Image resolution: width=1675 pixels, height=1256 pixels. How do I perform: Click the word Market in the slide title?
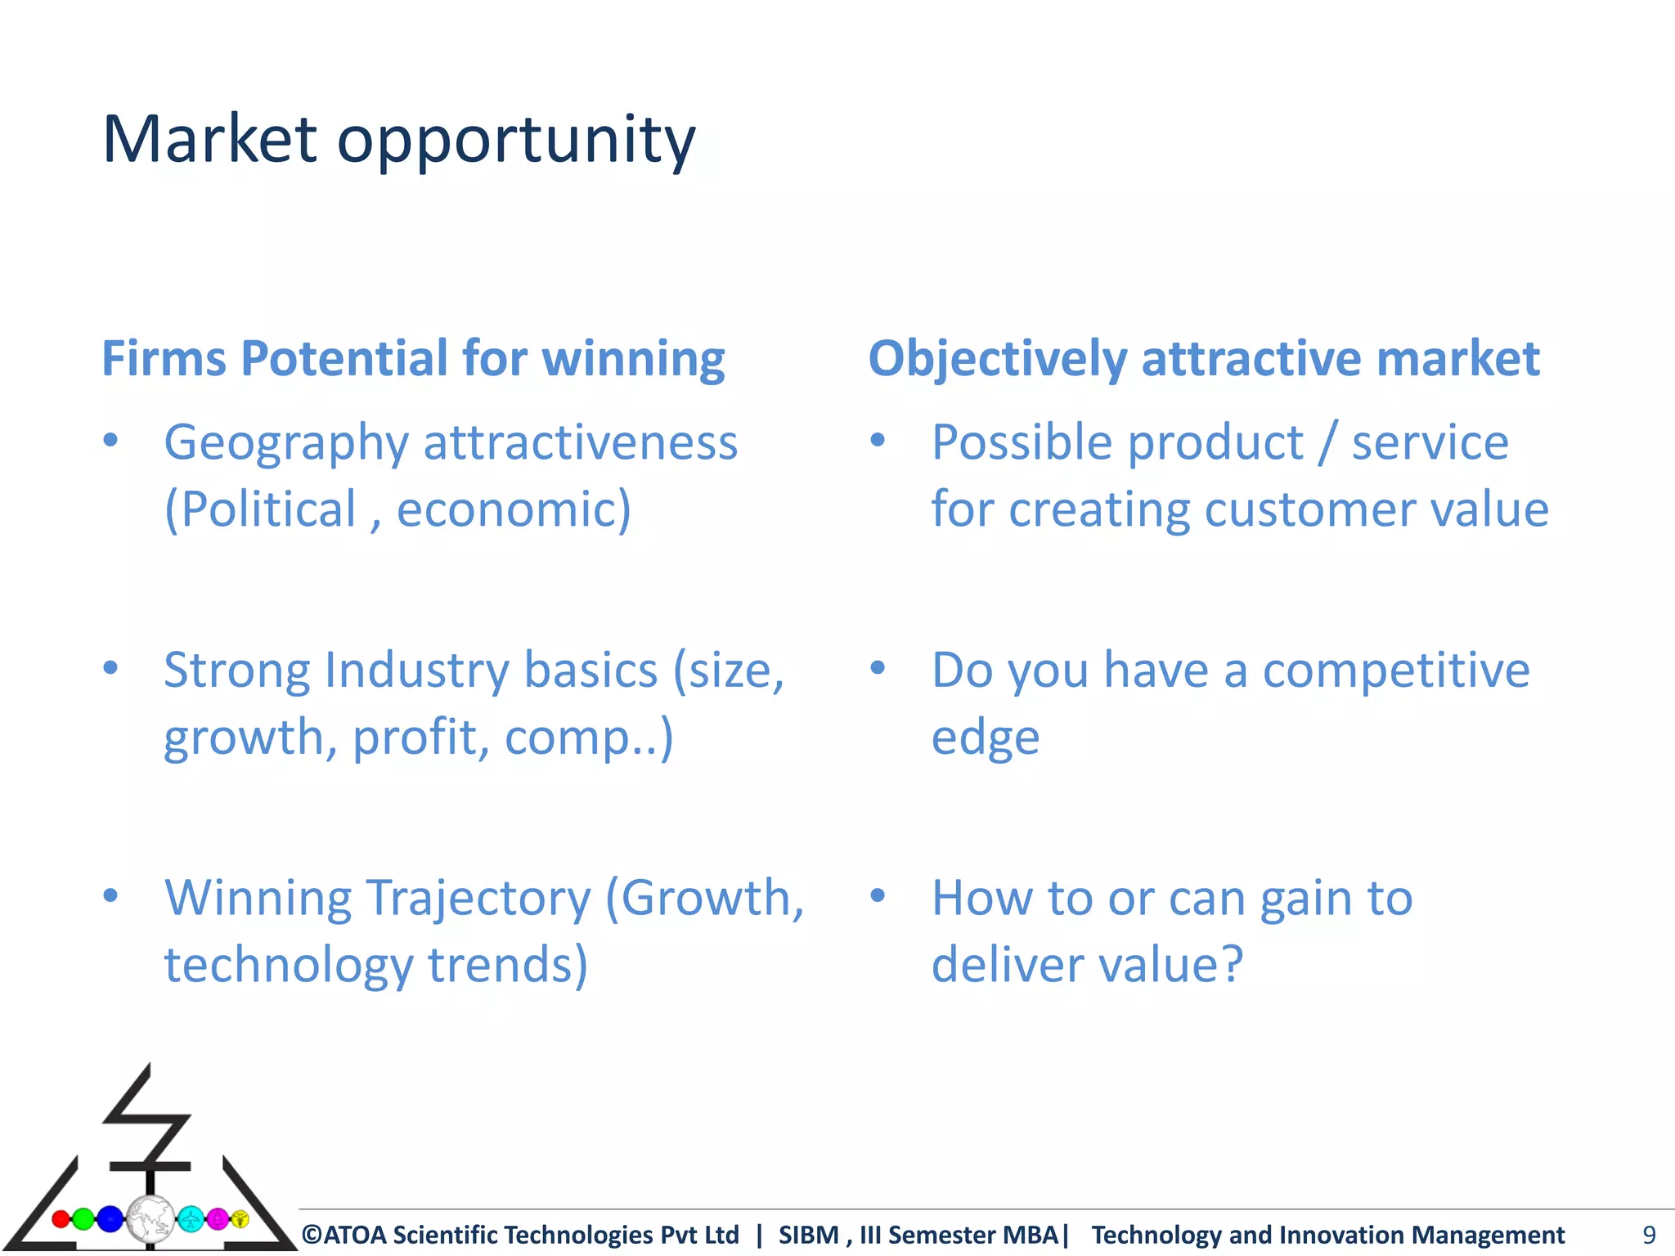pyautogui.click(x=209, y=139)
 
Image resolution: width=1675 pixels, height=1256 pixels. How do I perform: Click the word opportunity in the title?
pyautogui.click(x=516, y=141)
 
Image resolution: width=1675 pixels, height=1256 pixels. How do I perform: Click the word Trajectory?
pyautogui.click(x=478, y=899)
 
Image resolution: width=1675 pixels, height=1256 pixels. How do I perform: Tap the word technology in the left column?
pyautogui.click(x=288, y=965)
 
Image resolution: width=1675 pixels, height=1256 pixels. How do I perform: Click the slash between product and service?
pyautogui.click(x=1327, y=443)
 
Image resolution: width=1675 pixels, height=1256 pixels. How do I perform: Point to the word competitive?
pyautogui.click(x=1395, y=671)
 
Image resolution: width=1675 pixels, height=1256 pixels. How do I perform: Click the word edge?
pyautogui.click(x=986, y=738)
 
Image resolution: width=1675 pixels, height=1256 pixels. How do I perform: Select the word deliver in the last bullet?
pyautogui.click(x=1008, y=964)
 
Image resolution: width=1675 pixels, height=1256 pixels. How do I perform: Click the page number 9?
pyautogui.click(x=1649, y=1235)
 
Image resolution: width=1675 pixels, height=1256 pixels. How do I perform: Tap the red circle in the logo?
pyautogui.click(x=61, y=1219)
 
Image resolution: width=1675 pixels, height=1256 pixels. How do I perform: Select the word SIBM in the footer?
pyautogui.click(x=809, y=1235)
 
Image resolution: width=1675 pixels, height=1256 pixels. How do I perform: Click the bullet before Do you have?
pyautogui.click(x=878, y=668)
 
